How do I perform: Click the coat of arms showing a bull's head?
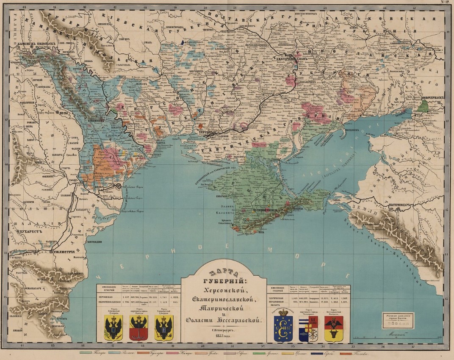(334, 329)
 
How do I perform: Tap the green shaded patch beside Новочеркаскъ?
(424, 105)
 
